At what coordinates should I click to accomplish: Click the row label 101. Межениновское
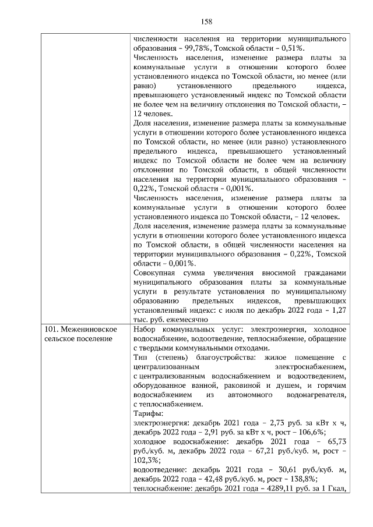pyautogui.click(x=80, y=330)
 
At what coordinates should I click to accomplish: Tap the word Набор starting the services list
pyautogui.click(x=146, y=330)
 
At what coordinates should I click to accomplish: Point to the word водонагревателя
pyautogui.click(x=318, y=395)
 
